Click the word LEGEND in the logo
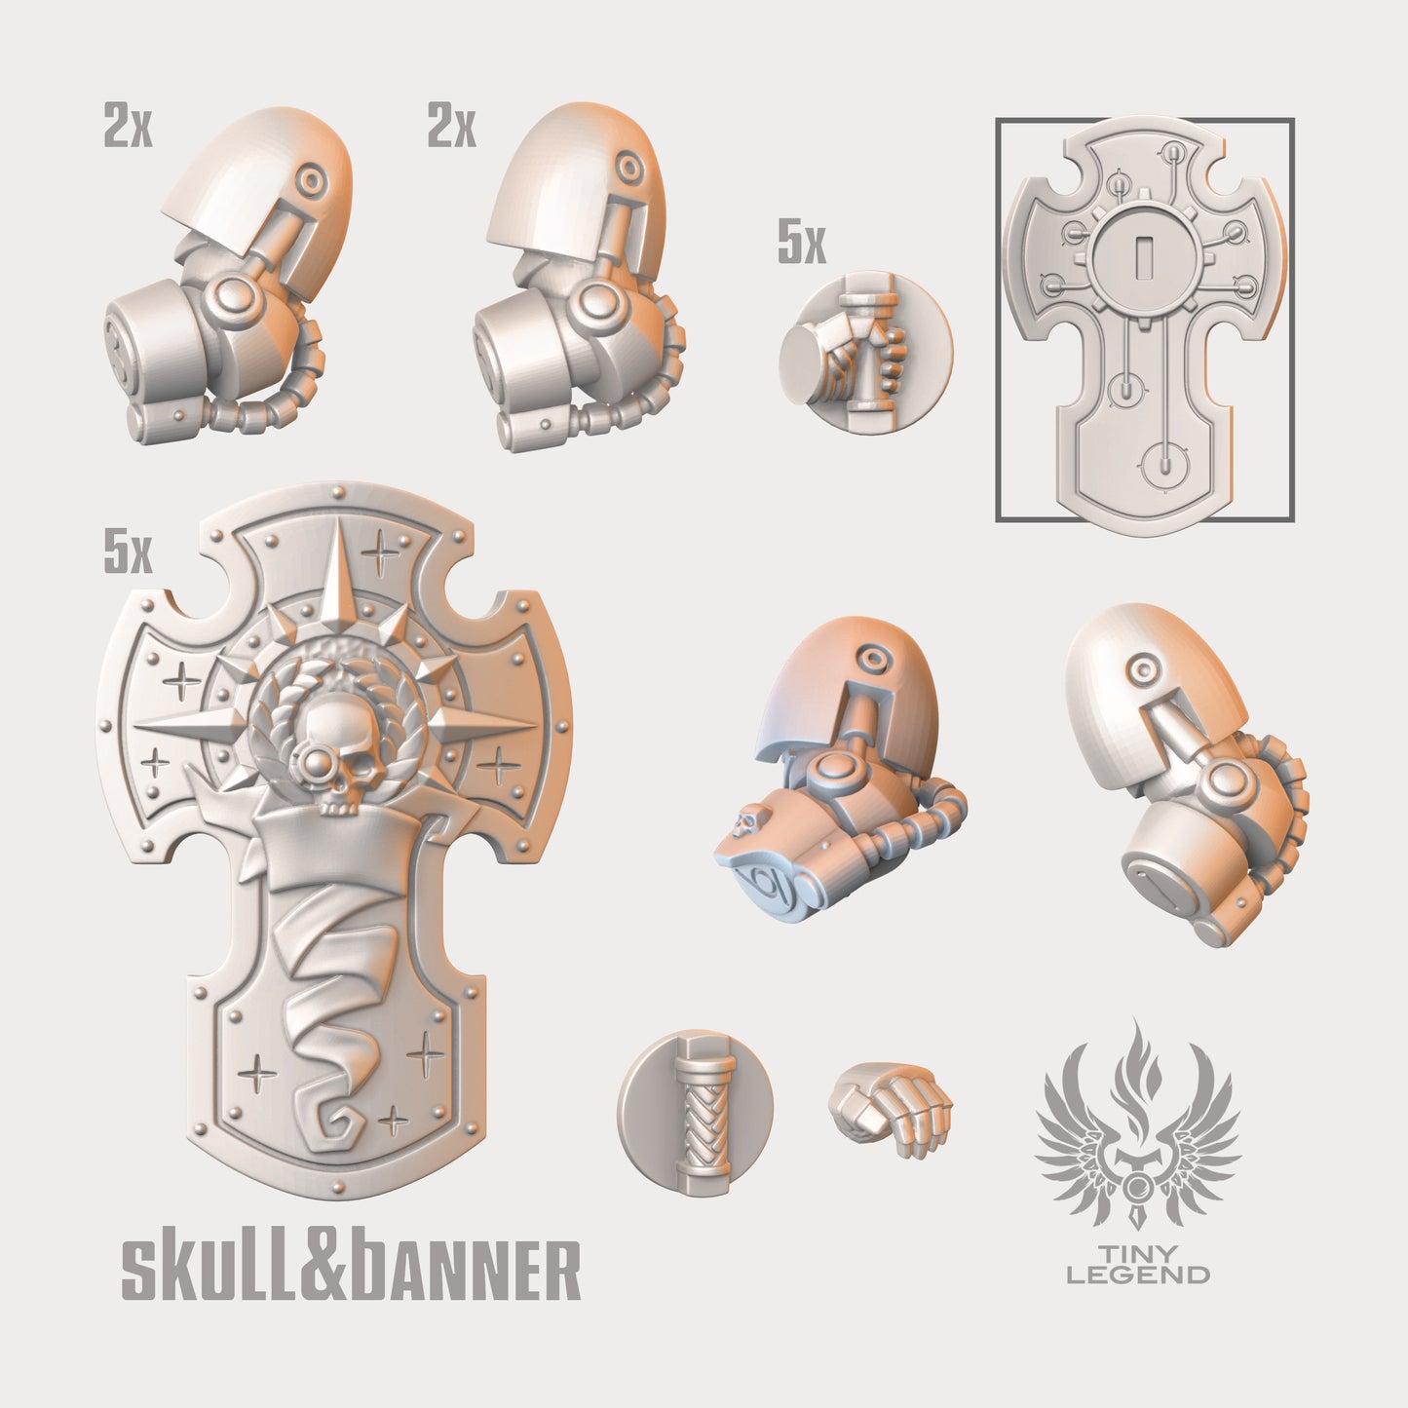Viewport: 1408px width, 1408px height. point(1138,1275)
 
